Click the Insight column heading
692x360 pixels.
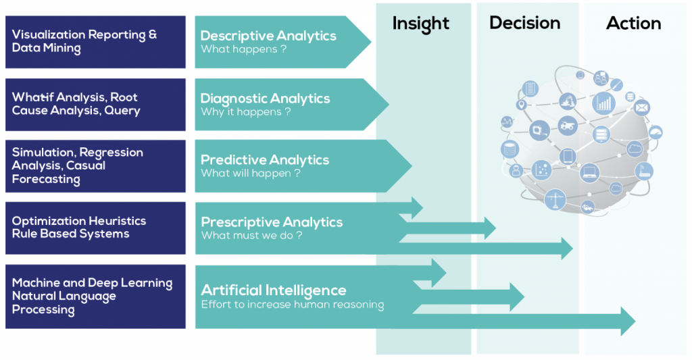420,24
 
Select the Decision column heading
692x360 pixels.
524,23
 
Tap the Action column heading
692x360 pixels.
633,23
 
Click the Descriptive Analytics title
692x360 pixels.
268,36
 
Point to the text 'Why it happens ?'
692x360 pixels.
245,111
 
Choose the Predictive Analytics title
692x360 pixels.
265,160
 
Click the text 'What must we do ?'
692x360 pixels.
251,236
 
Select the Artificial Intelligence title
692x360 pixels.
274,290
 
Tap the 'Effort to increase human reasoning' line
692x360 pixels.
293,305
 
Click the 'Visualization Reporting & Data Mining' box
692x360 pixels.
95,42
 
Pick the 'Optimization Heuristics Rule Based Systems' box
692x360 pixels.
95,228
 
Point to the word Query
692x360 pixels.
122,111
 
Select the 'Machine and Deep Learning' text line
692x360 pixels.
92,283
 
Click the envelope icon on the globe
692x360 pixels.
641,107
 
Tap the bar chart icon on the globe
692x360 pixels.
603,103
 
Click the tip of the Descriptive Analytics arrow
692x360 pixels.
370,42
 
